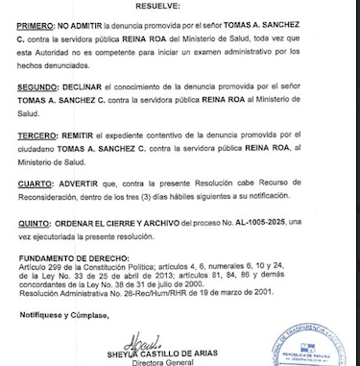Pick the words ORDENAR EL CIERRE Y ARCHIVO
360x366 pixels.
[x=127, y=221]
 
